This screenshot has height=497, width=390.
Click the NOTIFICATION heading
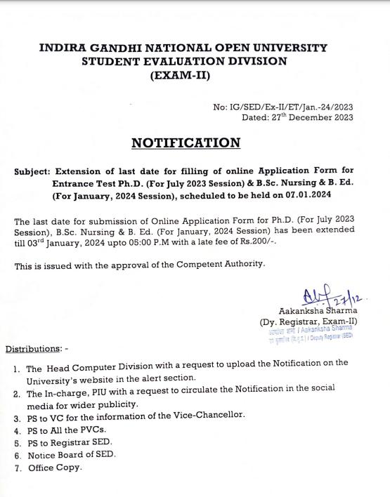click(186, 143)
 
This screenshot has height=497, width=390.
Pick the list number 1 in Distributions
click(15, 369)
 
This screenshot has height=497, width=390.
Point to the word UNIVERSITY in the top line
click(285, 48)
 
